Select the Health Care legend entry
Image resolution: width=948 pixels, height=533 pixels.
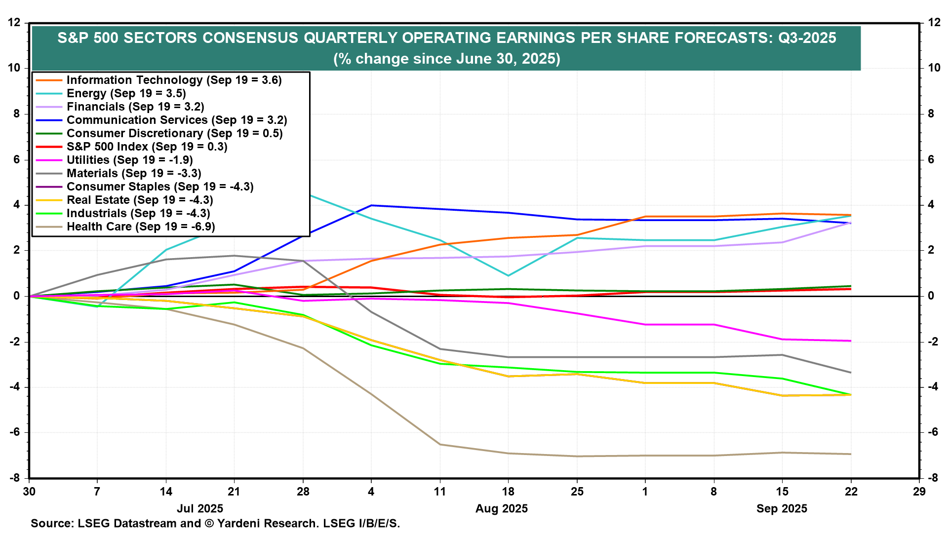point(141,227)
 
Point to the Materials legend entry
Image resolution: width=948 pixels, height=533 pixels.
point(134,173)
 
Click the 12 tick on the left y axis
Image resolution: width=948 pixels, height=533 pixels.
point(14,23)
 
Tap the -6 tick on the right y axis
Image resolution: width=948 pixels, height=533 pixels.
point(933,432)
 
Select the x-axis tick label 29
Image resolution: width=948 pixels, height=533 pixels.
point(919,492)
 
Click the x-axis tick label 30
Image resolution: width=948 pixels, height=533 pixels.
point(29,492)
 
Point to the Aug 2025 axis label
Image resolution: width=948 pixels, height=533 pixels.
point(501,509)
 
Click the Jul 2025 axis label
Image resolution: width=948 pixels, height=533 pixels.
point(200,509)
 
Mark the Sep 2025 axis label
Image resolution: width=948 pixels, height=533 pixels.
point(782,509)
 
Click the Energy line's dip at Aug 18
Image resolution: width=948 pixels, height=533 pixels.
point(508,275)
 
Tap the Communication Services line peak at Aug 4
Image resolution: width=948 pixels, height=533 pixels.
point(371,205)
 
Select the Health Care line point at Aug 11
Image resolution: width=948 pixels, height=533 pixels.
point(440,445)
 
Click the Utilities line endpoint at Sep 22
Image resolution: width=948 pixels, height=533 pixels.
point(851,341)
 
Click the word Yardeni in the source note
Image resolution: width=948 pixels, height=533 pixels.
point(239,523)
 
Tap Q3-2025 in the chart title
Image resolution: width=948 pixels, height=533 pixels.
point(807,38)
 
